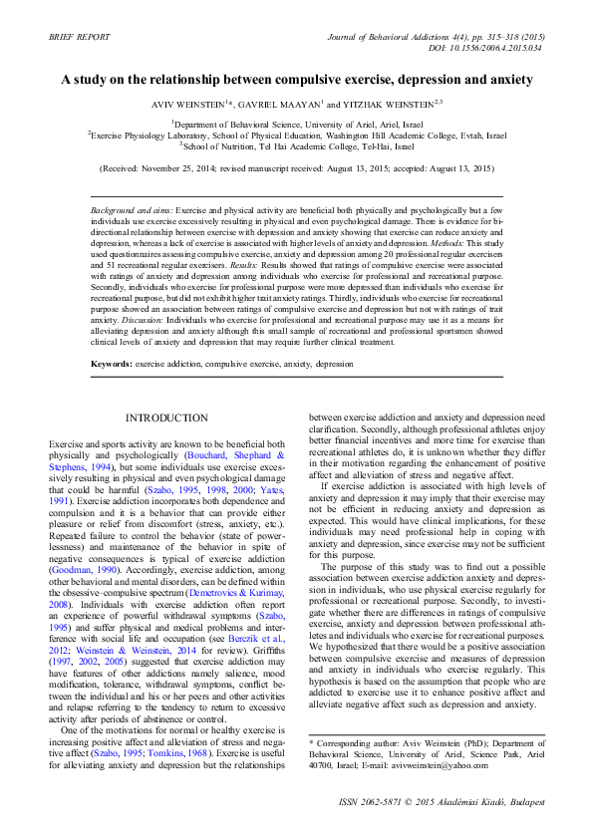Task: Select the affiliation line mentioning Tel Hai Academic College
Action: pyautogui.click(x=297, y=144)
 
